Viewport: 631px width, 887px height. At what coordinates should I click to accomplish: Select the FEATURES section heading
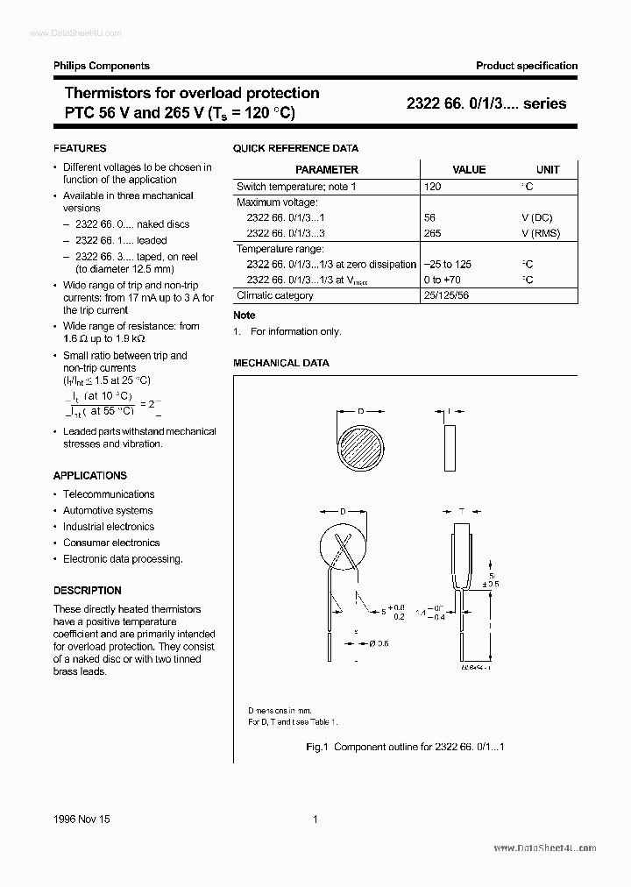pos(80,148)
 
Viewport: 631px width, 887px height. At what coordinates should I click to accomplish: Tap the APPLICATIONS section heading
pos(90,475)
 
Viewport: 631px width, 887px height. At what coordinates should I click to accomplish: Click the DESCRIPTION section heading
pos(88,590)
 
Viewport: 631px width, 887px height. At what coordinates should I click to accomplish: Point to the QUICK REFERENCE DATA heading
pos(295,149)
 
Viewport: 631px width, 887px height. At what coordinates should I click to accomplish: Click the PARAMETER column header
pos(327,170)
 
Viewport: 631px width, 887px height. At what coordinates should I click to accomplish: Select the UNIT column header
pos(548,170)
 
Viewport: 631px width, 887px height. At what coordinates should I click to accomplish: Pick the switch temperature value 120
pos(432,187)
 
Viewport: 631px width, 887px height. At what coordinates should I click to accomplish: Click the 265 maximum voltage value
pos(432,233)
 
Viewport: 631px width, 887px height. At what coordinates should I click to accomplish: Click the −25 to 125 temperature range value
pos(448,265)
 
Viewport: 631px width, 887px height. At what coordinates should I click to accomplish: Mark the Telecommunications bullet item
pos(109,494)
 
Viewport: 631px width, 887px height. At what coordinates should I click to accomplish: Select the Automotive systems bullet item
pos(108,510)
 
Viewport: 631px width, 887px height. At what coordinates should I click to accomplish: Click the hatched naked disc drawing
pos(359,449)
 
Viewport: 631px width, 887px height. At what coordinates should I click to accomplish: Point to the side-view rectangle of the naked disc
pos(450,449)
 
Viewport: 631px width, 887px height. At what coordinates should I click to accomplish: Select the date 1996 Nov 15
pos(82,819)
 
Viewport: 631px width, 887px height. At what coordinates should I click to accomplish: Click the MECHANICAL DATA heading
pos(280,362)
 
